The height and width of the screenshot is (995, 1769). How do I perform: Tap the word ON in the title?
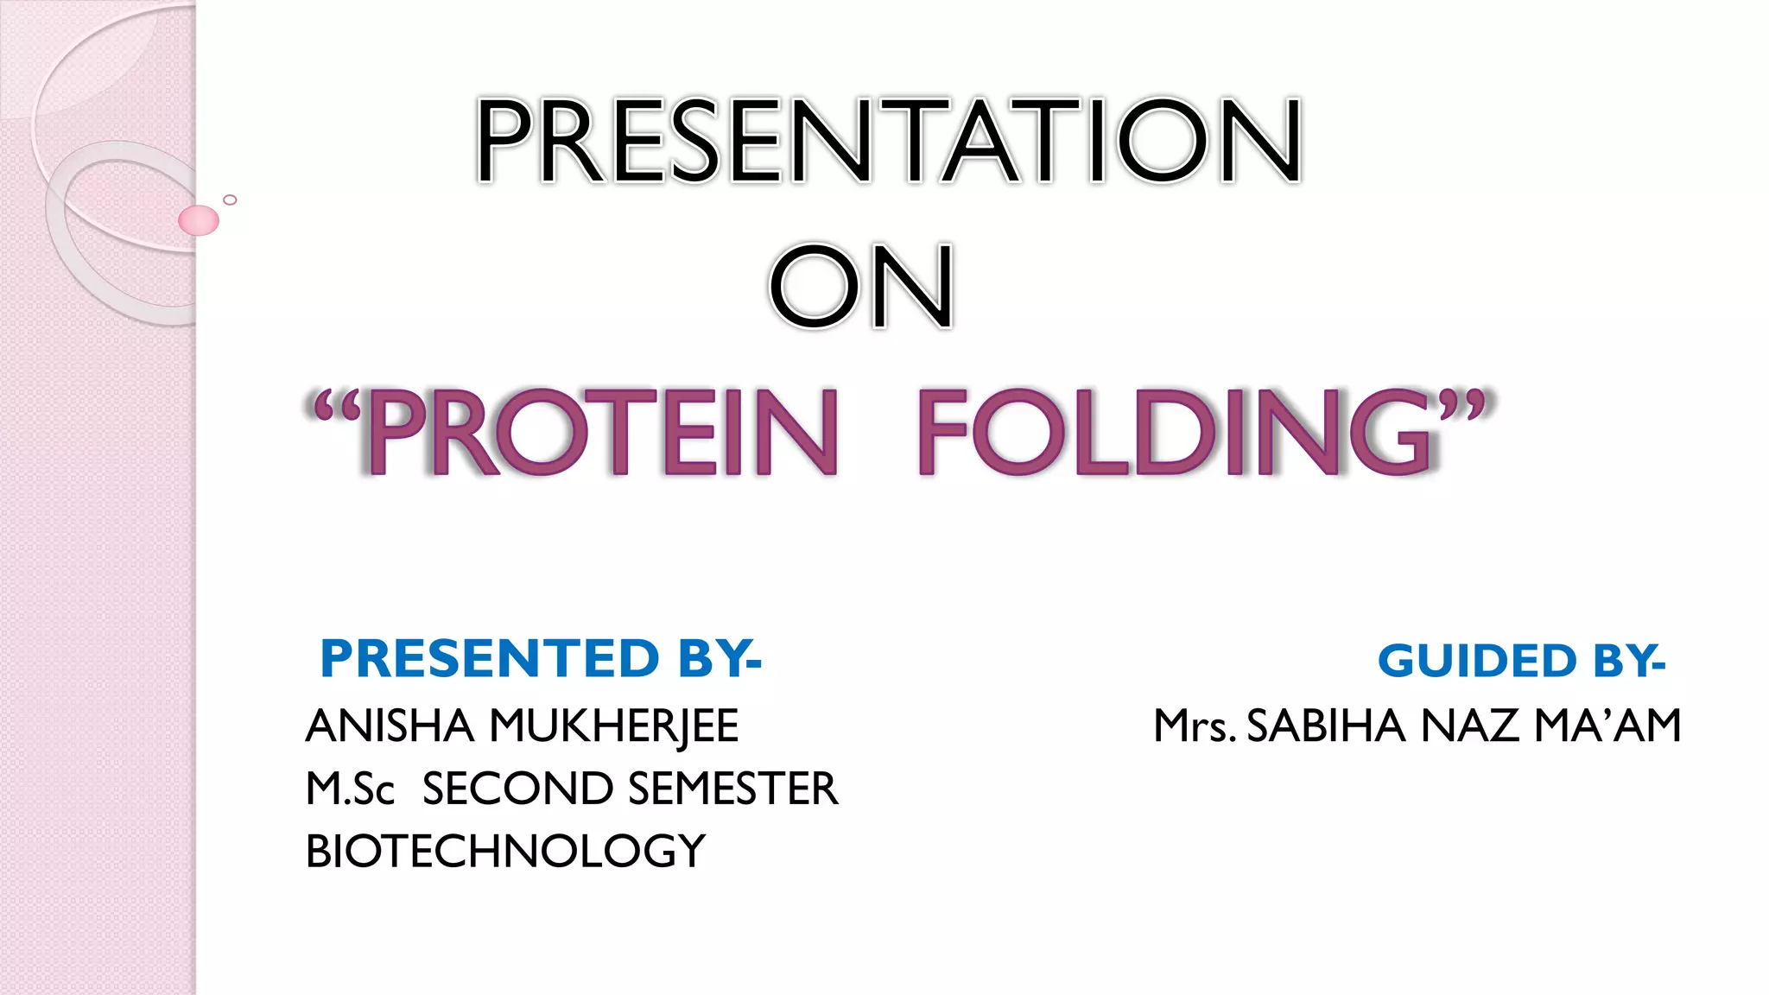tap(861, 287)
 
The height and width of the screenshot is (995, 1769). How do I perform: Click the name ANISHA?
tap(390, 726)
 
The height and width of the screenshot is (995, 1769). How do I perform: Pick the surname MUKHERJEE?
tap(614, 727)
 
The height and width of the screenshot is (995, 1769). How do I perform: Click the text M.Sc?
tap(350, 789)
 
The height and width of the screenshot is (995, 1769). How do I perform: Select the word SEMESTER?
tap(732, 789)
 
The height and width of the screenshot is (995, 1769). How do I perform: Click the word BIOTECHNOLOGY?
tap(505, 852)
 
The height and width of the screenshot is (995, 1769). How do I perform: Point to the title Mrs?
tap(1195, 727)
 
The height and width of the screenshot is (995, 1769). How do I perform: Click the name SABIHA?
tap(1327, 726)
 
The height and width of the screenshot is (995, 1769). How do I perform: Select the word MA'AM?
tap(1607, 726)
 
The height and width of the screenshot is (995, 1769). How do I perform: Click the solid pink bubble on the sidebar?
tap(199, 220)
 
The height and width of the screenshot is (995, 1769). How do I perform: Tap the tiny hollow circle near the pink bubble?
tap(230, 200)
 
